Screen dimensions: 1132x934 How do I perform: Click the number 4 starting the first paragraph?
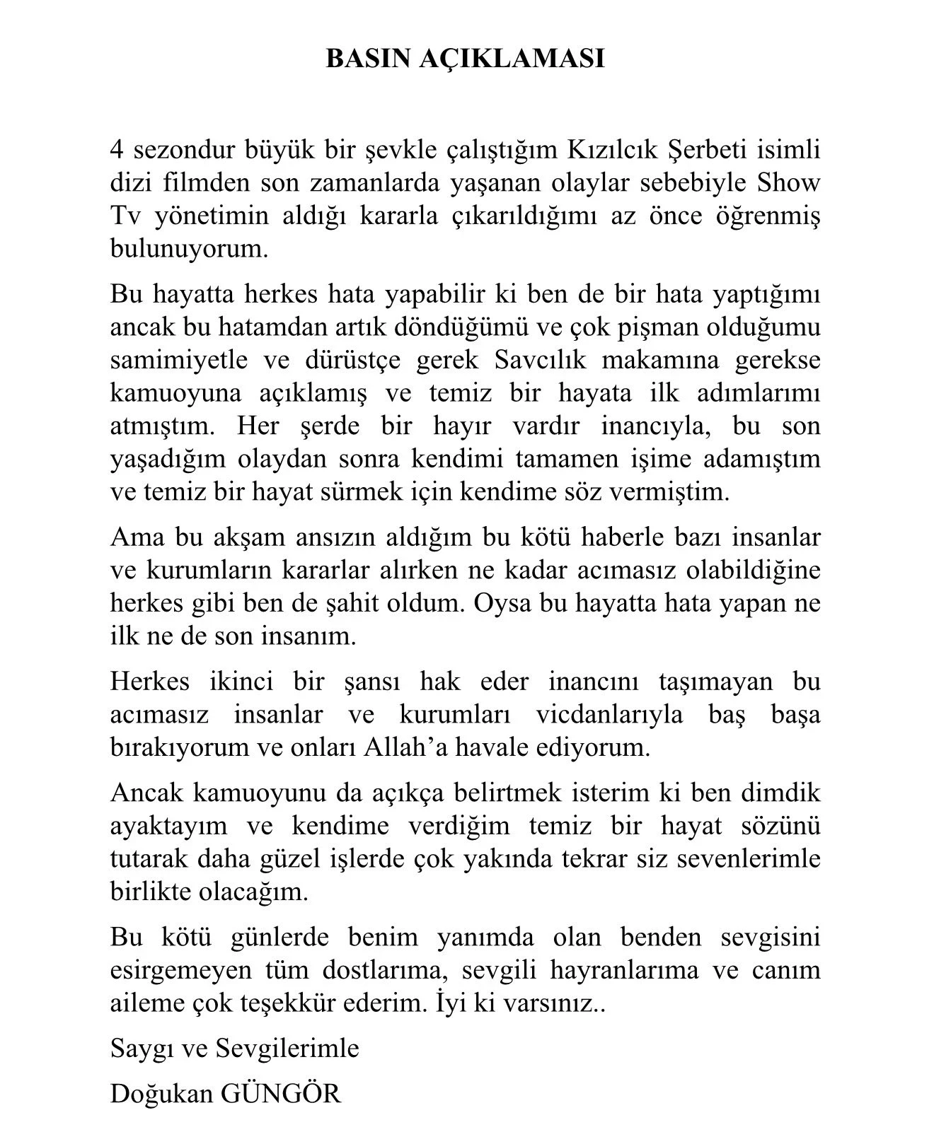coord(117,150)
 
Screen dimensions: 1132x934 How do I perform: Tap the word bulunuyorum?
coord(189,249)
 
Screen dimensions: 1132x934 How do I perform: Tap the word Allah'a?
coord(403,747)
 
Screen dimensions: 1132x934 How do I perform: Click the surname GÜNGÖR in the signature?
coord(281,1093)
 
